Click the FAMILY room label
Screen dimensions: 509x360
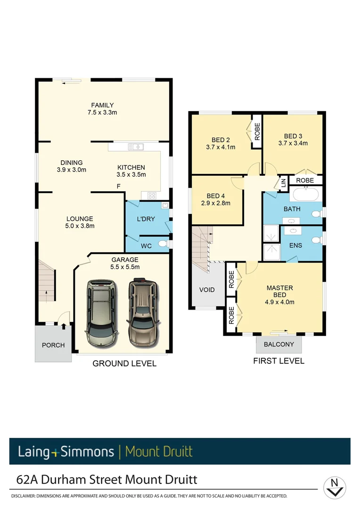pos(102,105)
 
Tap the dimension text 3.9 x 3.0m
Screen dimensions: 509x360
pos(71,170)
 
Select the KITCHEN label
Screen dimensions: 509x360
pos(131,167)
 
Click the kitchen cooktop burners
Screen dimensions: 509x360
pos(152,195)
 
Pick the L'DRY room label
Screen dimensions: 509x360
pos(146,219)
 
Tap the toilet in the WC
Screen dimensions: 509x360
pos(163,244)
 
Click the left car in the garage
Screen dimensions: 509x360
pos(101,313)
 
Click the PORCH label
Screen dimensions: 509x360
pos(53,345)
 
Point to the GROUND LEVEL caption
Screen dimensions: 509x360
pos(124,363)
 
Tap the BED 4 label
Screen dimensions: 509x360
pos(216,196)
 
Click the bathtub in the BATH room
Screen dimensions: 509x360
pos(305,194)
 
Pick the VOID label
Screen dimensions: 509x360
pos(207,290)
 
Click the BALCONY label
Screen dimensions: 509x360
pos(279,345)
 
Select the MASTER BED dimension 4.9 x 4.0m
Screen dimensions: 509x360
pos(279,302)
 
